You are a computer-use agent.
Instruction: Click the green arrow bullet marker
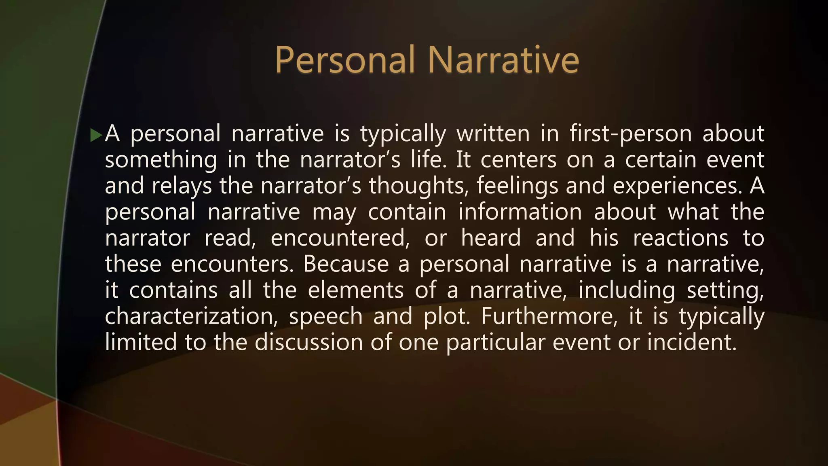click(96, 135)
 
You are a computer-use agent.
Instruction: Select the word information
click(520, 212)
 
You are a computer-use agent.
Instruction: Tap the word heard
click(491, 238)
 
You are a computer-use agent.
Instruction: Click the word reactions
click(680, 238)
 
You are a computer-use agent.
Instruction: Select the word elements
click(356, 290)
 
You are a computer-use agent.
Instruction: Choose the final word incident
click(692, 342)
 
